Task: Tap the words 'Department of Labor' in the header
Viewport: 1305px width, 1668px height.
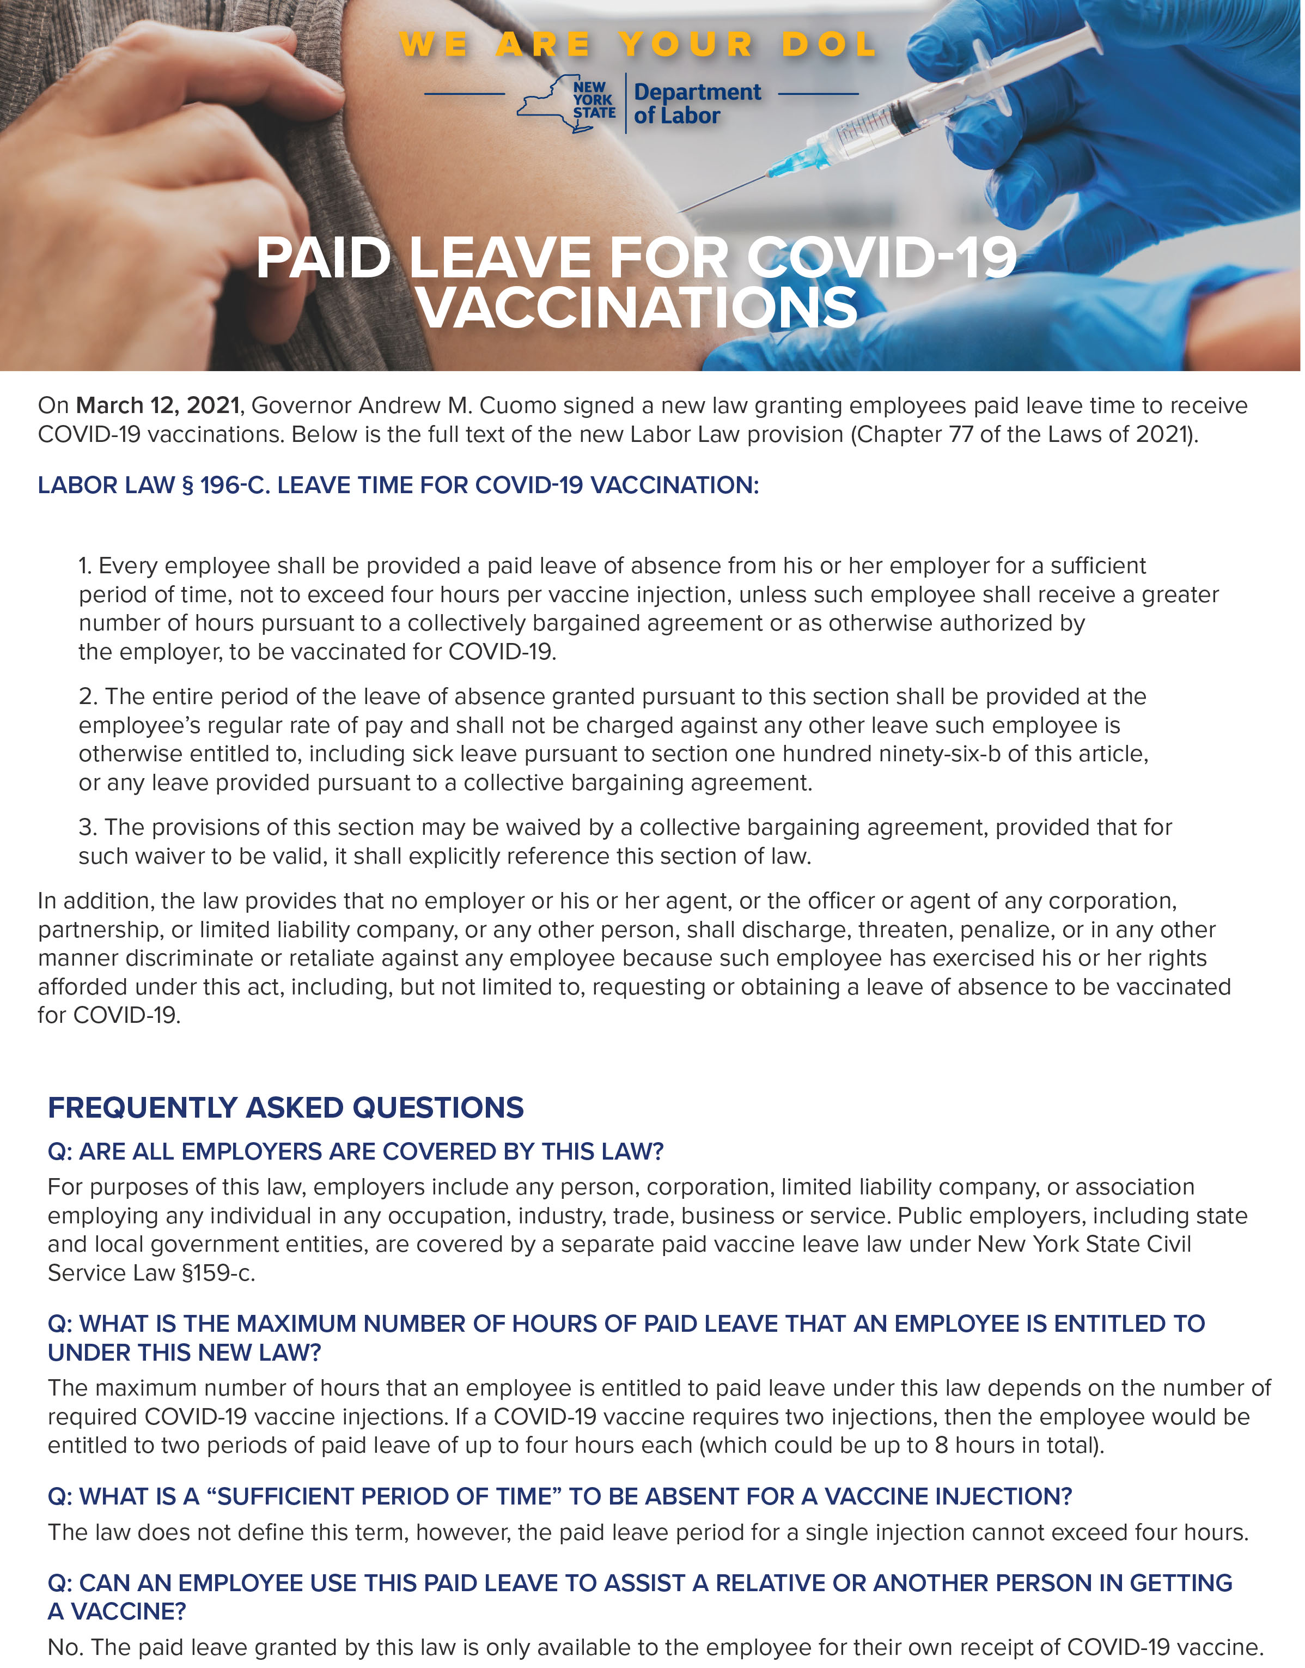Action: point(696,104)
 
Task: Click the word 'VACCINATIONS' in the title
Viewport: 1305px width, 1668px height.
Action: point(637,307)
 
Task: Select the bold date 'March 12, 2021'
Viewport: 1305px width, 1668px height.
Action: point(157,405)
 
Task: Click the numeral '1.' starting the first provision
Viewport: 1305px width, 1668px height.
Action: point(86,566)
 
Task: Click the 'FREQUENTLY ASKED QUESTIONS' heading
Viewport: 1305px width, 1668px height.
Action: point(286,1108)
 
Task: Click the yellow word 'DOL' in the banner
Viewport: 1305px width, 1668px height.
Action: point(828,44)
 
